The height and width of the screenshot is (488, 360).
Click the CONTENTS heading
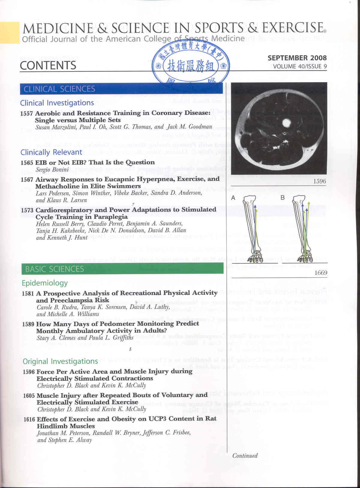pos(48,65)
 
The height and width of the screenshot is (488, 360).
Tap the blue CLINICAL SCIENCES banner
pos(121,89)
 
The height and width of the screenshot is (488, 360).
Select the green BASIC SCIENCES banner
pos(122,269)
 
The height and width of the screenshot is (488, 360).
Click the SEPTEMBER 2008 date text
pos(297,58)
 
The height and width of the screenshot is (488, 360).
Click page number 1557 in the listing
pos(26,114)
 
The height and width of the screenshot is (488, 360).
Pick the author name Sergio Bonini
pos(52,170)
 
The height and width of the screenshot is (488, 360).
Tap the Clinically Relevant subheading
pos(51,152)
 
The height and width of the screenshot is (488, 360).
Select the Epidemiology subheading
pos(45,283)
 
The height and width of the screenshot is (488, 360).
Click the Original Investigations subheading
pos(60,361)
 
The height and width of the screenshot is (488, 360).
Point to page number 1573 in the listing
pos(27,210)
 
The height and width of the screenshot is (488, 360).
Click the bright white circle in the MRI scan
pos(285,123)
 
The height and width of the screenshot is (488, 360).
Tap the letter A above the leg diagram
pos(233,198)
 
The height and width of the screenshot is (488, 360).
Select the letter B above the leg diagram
pos(282,198)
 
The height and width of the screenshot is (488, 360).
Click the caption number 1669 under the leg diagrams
pos(321,273)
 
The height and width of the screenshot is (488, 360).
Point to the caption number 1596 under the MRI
pos(320,181)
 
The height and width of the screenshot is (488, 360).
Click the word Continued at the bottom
pos(245,456)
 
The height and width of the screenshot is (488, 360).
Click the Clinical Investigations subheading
pos(57,103)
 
